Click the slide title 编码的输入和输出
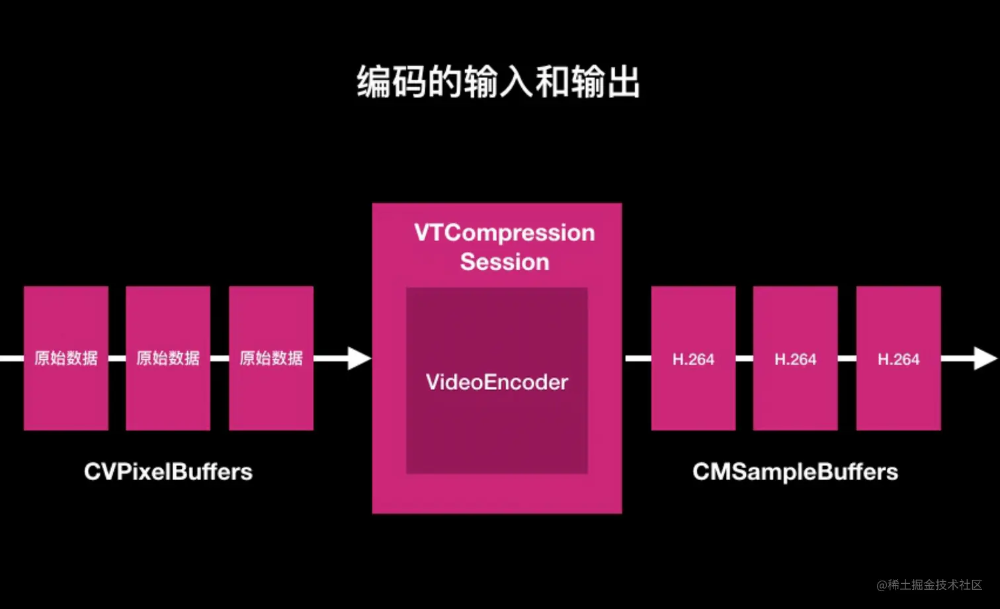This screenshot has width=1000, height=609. pos(499,82)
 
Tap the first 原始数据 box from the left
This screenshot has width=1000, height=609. pos(66,358)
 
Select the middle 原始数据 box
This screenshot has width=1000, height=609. pos(168,358)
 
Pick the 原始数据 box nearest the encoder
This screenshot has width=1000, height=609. pos(271,358)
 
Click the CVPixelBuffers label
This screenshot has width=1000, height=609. pos(168,471)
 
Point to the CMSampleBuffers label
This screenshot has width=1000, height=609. pos(795,471)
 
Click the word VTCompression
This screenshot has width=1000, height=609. pos(504,233)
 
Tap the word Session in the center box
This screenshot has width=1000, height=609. pos(505,262)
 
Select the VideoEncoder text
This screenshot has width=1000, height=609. pos(497,382)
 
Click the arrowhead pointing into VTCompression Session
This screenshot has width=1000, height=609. pos(358,358)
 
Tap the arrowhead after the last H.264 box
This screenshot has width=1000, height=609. pos(985,358)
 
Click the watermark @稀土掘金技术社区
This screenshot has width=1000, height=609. pos(929,585)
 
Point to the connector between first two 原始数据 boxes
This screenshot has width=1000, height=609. pos(117,358)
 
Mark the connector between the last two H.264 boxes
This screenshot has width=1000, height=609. pos(847,358)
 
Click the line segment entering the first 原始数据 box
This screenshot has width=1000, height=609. pos(11,358)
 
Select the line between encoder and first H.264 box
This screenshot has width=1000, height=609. pos(638,358)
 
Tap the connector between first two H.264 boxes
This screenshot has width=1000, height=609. pos(744,358)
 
